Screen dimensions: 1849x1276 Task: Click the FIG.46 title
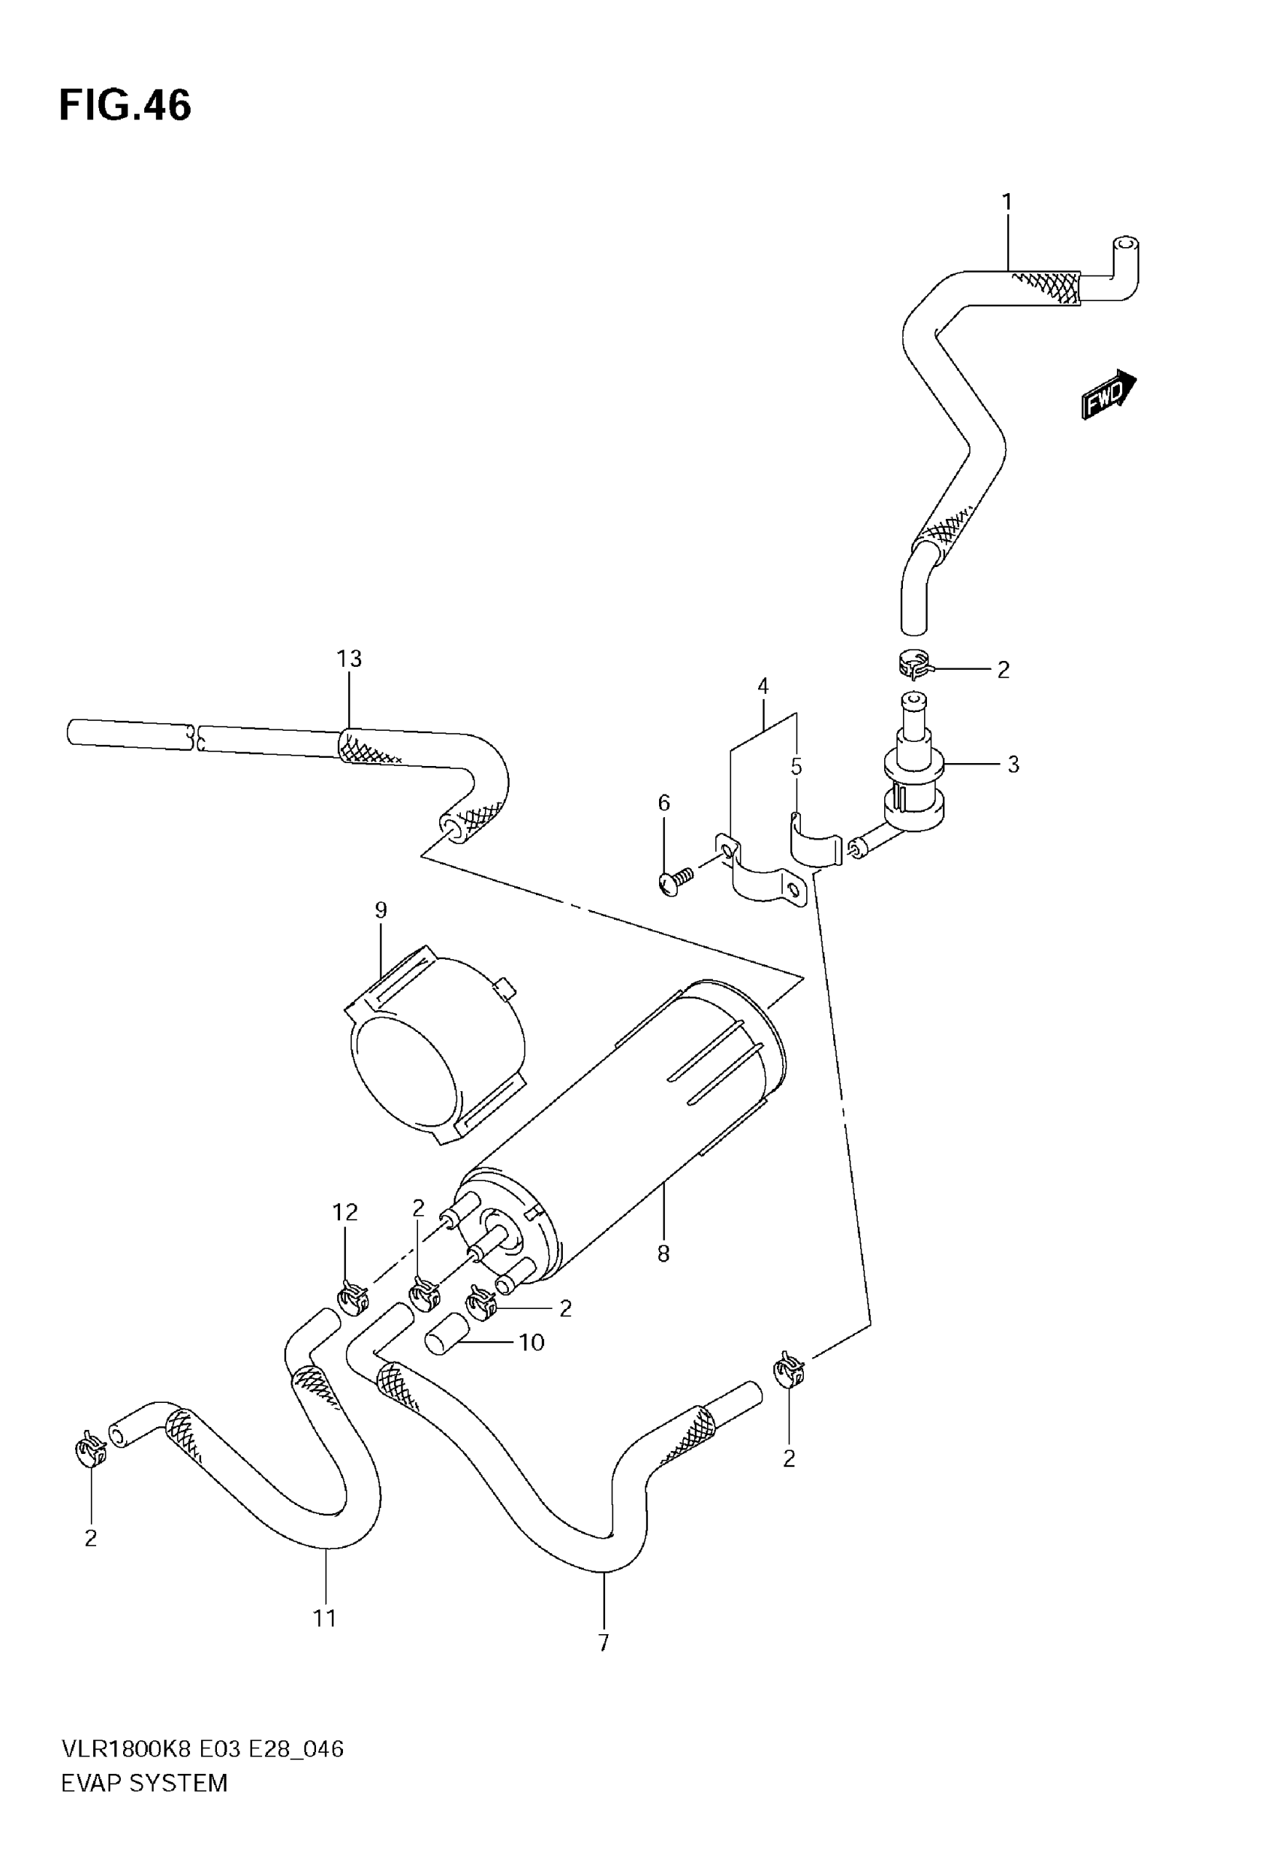click(x=125, y=106)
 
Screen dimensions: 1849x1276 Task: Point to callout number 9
click(x=381, y=910)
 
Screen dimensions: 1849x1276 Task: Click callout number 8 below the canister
click(x=663, y=1254)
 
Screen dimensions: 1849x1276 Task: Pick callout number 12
click(x=345, y=1212)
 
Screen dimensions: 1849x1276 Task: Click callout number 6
click(x=664, y=802)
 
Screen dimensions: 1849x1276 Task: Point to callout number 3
click(x=1013, y=765)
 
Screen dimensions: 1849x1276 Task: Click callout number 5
click(x=796, y=766)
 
